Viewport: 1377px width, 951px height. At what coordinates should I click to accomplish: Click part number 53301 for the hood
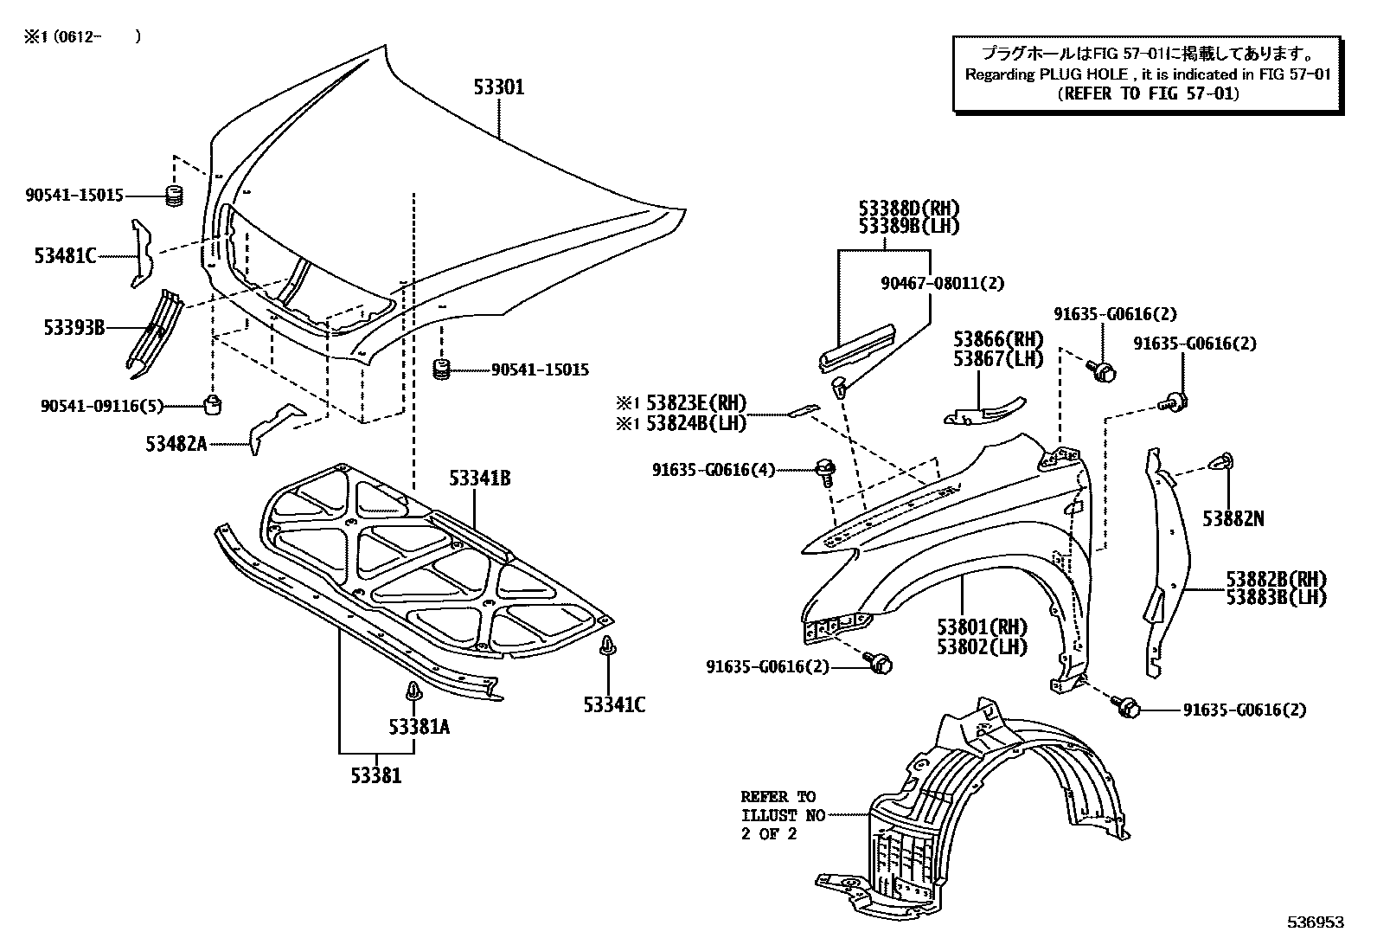[498, 87]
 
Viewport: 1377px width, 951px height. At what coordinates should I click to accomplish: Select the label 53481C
[66, 255]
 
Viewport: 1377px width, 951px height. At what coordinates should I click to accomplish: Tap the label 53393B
[74, 328]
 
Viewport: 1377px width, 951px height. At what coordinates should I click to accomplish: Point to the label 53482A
[176, 444]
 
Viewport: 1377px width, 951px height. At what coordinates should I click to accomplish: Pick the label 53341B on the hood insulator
[479, 479]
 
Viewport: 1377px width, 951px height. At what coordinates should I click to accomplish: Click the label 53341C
[614, 705]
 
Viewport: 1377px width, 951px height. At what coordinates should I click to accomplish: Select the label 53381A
[419, 727]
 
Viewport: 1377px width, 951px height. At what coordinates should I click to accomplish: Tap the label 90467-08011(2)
[943, 283]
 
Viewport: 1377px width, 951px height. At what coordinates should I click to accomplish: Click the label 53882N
[1233, 518]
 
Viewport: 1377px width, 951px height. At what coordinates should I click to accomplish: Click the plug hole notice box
[1147, 74]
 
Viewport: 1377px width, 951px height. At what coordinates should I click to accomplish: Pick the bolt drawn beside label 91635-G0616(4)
[825, 472]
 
